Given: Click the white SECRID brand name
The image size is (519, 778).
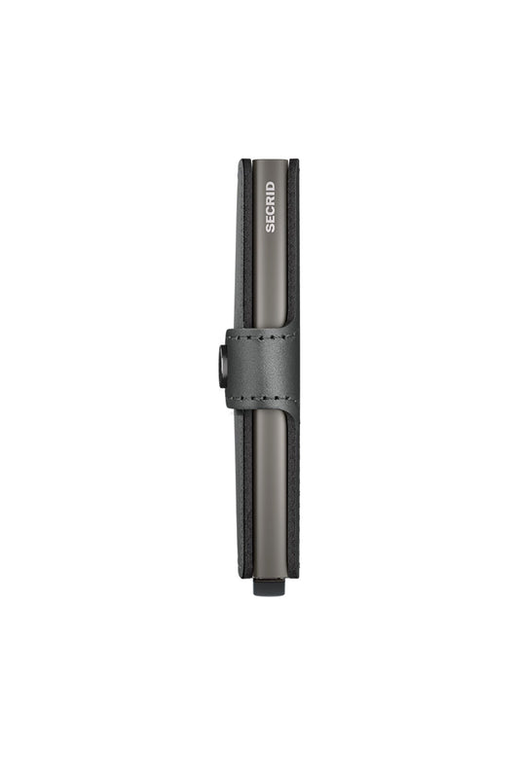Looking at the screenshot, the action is click(x=270, y=207).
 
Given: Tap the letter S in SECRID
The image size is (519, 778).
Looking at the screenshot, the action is click(x=270, y=229).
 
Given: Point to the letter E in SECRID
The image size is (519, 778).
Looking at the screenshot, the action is click(x=270, y=220).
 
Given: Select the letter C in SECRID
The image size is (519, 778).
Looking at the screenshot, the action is click(x=270, y=210).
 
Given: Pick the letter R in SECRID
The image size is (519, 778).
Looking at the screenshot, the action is click(x=270, y=201).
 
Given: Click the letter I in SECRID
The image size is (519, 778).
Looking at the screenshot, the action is click(x=270, y=194).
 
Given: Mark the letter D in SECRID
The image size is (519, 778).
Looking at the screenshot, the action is click(x=270, y=186).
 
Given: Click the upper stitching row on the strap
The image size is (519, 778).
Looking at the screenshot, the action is click(x=261, y=338).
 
